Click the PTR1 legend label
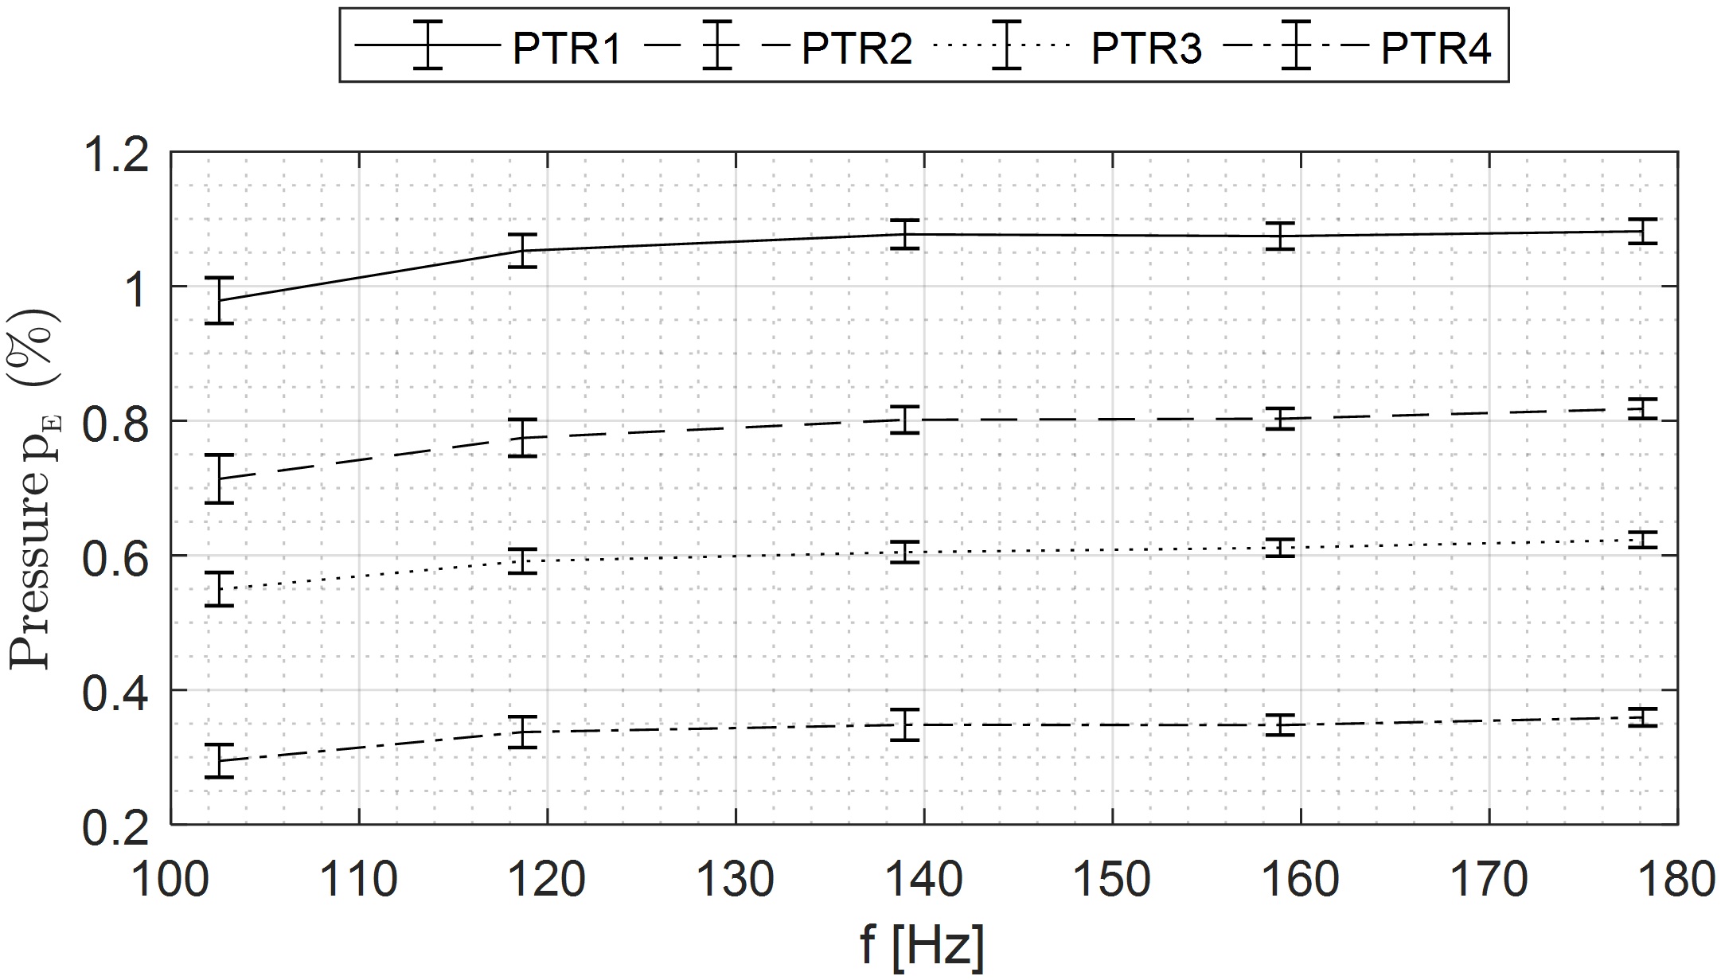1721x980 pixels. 566,47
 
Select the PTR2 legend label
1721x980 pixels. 857,47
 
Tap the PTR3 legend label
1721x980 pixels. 1145,47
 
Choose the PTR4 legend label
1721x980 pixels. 1435,47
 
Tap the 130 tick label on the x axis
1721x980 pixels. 735,880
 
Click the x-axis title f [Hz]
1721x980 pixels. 923,946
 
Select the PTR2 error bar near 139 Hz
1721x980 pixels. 905,420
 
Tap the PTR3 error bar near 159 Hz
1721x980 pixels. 1281,547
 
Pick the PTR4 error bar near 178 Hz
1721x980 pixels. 1641,717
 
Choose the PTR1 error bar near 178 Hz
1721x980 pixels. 1641,231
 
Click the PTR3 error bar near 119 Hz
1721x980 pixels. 523,560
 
